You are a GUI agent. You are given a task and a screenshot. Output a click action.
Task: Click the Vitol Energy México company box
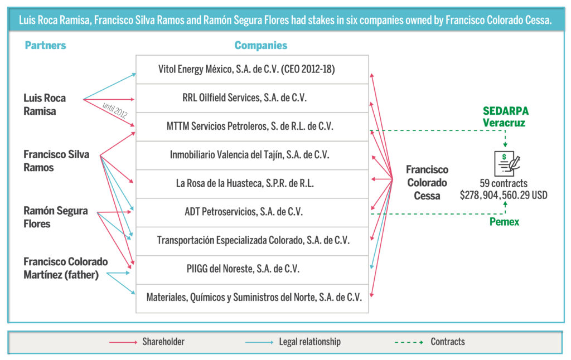coord(252,70)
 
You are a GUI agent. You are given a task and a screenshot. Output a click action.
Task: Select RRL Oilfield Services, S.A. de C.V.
coord(252,98)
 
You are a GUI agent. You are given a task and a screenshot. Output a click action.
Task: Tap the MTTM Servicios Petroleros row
coord(252,127)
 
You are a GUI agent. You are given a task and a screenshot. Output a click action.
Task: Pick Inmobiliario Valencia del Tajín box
coord(252,155)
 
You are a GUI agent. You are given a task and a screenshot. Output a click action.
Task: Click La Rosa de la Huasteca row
coord(252,184)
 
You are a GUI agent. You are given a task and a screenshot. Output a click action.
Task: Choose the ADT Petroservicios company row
coord(252,212)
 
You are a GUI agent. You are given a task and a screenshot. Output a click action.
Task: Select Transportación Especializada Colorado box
coord(252,241)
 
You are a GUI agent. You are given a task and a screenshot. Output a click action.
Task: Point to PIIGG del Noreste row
coord(252,270)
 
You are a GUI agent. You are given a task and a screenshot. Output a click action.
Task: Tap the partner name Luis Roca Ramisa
coord(45,104)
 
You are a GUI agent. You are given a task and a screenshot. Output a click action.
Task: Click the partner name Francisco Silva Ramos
coord(56,161)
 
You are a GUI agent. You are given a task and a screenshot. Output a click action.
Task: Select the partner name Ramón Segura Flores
coord(56,217)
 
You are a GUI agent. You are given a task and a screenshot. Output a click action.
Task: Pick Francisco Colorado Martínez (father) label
coord(66,268)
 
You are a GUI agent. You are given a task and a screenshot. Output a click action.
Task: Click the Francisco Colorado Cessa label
coord(427,183)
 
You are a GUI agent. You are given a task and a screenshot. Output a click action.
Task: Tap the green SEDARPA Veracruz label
coord(505,117)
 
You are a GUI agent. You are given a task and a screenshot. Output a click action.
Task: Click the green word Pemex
coord(504,222)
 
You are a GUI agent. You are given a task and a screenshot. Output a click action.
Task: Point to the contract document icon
coord(507,163)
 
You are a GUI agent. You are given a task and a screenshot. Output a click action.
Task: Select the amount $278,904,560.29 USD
coord(504,195)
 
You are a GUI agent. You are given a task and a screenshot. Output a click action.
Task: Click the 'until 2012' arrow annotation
coord(115,110)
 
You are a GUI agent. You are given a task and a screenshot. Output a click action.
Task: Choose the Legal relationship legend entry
coord(293,342)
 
